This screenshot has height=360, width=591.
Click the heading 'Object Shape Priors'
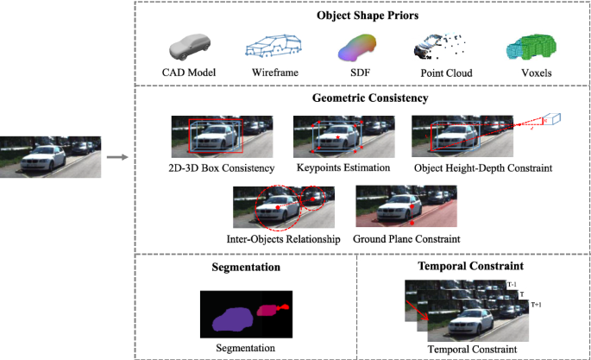pos(361,16)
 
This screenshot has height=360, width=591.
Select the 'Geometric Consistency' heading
pos(361,98)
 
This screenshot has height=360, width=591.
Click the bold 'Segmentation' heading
pos(246,268)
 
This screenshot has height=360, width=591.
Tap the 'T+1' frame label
pos(536,305)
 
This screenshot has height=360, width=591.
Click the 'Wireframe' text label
pos(275,73)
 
